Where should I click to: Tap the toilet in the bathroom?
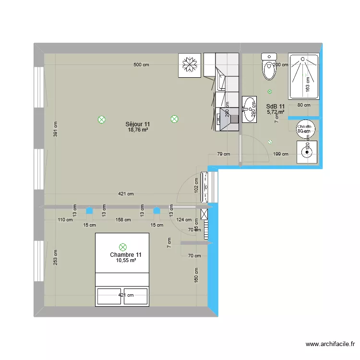(269, 67)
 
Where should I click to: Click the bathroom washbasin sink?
(249, 109)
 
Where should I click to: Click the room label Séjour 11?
(138, 124)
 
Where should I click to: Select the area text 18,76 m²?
(138, 130)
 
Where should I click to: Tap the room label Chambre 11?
(126, 255)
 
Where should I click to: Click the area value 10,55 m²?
(126, 261)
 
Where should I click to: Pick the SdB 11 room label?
(276, 107)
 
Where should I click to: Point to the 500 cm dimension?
(142, 65)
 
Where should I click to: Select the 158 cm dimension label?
(123, 220)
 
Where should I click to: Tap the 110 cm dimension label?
(65, 220)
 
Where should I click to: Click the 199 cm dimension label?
(281, 154)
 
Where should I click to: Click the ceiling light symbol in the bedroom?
(123, 247)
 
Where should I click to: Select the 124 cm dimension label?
(183, 220)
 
